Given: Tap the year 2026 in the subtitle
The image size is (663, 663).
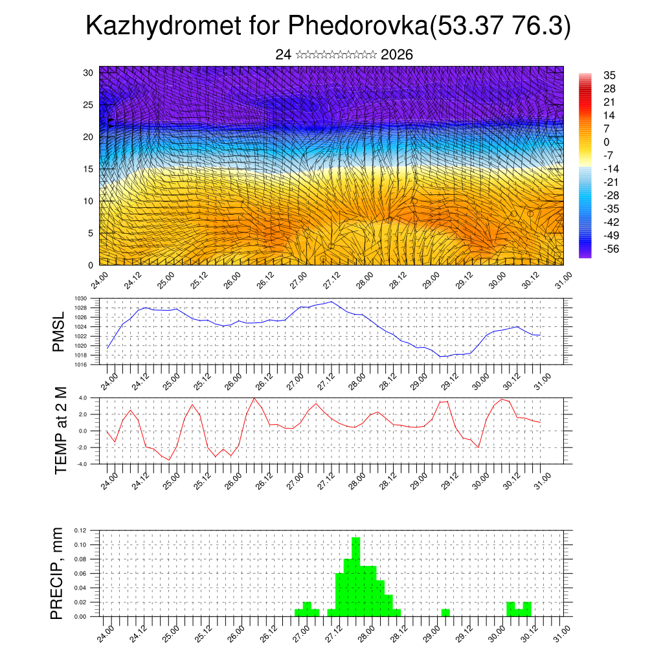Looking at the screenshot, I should [x=397, y=55].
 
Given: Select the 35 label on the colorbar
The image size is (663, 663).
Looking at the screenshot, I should [x=609, y=75].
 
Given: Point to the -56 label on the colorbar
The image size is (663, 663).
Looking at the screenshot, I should [x=611, y=249].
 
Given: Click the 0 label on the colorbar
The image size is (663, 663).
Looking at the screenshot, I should [x=606, y=142].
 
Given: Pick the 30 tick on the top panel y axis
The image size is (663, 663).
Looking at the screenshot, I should [x=88, y=73].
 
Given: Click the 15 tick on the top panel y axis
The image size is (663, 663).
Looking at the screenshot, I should [x=88, y=169].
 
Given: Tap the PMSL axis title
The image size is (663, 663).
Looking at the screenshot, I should [x=60, y=332].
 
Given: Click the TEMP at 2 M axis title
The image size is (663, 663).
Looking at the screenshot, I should [x=61, y=430].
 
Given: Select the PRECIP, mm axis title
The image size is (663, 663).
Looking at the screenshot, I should [x=58, y=573].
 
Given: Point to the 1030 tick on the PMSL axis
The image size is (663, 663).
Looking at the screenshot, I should [x=81, y=299].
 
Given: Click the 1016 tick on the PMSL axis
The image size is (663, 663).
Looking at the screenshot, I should [x=81, y=365].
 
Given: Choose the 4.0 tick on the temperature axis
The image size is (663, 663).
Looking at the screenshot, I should [x=83, y=398].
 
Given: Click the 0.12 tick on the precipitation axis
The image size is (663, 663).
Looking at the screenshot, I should [x=79, y=530].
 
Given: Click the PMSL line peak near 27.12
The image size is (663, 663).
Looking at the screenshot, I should [x=331, y=302].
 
